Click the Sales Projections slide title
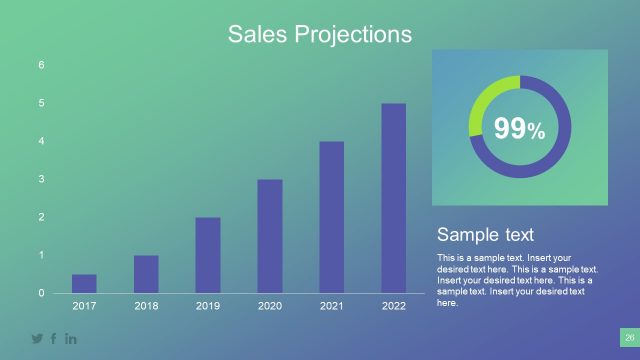click(319, 34)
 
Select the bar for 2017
click(84, 283)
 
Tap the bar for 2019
click(208, 255)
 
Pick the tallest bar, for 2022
click(394, 198)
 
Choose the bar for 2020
click(270, 236)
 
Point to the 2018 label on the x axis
click(146, 306)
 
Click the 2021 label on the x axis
click(332, 306)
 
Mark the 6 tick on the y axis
click(41, 65)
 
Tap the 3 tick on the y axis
click(41, 179)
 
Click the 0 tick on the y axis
click(41, 293)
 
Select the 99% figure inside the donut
click(519, 128)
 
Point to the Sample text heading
click(485, 235)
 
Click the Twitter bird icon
click(37, 339)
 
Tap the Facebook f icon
click(54, 339)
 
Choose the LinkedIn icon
click(71, 339)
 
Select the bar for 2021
click(332, 217)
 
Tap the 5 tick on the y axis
click(41, 103)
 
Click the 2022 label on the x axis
click(394, 306)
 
